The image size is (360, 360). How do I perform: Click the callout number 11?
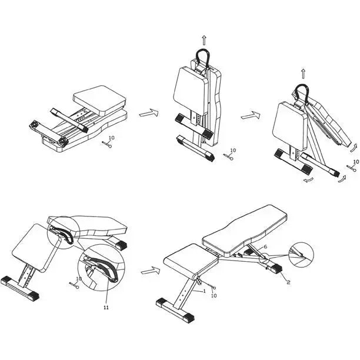[x=106, y=307]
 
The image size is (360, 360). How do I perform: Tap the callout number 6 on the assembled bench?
[x=265, y=246]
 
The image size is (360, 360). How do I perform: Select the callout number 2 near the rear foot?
[x=288, y=282]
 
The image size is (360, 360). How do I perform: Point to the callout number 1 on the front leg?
[x=204, y=291]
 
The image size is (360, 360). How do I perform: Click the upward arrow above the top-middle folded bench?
[x=204, y=40]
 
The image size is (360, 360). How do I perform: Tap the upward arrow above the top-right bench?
[x=304, y=74]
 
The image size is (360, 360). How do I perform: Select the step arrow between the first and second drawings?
[x=149, y=112]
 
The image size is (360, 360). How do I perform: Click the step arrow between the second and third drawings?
[x=251, y=115]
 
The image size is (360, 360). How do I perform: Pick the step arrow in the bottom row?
[x=151, y=271]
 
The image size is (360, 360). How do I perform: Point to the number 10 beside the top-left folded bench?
[x=111, y=138]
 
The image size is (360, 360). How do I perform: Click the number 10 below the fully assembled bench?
[x=214, y=295]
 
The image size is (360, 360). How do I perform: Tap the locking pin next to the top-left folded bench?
[x=107, y=145]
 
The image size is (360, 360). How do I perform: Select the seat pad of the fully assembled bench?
[x=191, y=259]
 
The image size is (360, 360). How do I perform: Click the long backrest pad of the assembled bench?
[x=245, y=229]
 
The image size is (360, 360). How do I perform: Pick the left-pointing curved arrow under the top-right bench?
[x=308, y=180]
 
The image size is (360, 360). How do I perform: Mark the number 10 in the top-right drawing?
[x=356, y=162]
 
